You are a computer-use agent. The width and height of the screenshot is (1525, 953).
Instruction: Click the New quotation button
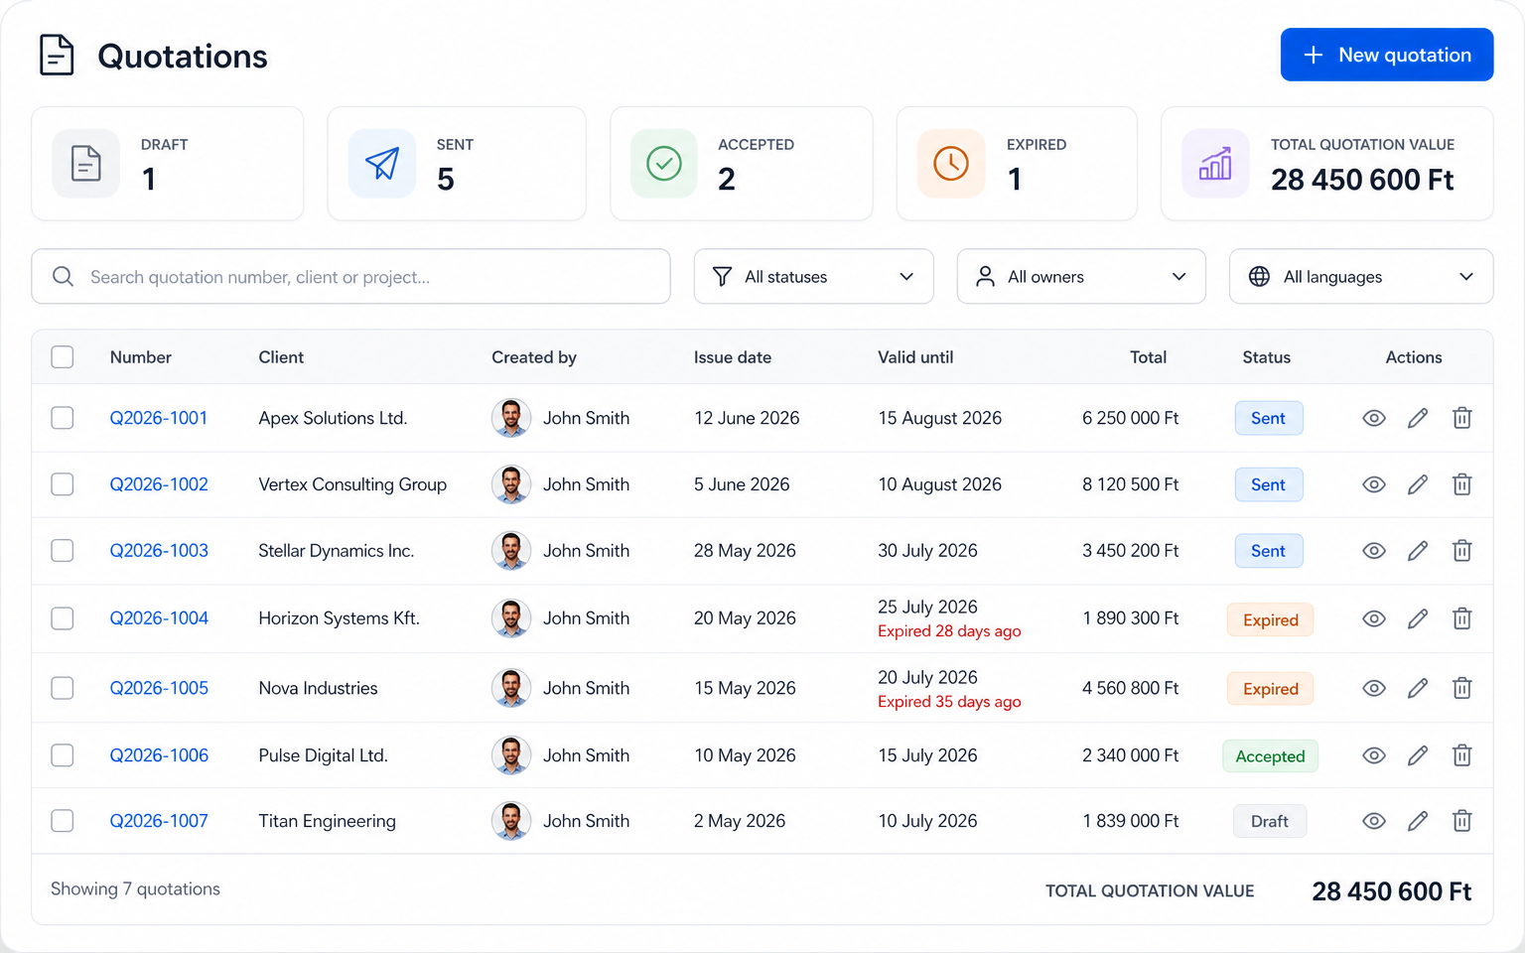(1387, 55)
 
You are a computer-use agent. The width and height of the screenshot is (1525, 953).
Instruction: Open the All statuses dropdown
(813, 276)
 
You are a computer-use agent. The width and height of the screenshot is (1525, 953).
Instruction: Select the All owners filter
(1081, 276)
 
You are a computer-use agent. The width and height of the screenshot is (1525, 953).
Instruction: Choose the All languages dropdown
(1361, 276)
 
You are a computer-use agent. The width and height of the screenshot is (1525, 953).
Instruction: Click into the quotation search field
(350, 276)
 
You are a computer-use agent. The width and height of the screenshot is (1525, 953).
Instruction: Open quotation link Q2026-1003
(159, 551)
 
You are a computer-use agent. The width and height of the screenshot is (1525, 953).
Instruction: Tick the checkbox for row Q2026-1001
(62, 418)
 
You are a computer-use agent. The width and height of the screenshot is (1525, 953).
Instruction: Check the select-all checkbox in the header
(62, 356)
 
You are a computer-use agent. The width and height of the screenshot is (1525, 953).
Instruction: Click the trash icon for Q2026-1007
(1461, 821)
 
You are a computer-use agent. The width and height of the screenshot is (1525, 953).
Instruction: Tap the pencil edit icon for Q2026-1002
(1418, 484)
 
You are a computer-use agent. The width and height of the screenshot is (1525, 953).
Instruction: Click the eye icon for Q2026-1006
(1374, 755)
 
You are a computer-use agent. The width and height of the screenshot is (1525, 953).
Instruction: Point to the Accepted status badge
(1270, 756)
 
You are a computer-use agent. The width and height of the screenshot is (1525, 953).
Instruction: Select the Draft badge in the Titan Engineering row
(1269, 822)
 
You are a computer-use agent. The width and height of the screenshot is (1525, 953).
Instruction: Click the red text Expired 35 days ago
(949, 702)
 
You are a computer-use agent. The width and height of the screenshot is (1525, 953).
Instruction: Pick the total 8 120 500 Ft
(1130, 484)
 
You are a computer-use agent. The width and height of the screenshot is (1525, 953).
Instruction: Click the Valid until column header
(915, 357)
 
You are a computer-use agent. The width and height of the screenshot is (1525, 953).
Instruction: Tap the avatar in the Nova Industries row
(510, 688)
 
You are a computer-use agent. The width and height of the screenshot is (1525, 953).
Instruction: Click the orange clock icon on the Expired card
(950, 164)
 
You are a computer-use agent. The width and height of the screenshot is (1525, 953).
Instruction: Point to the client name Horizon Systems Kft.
(339, 618)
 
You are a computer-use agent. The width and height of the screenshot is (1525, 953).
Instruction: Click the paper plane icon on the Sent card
(382, 164)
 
